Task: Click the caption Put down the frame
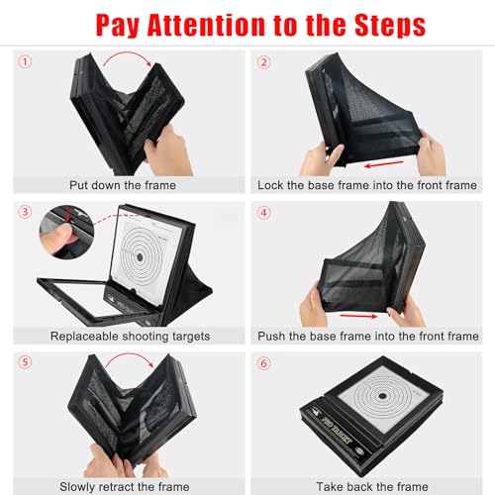(x=124, y=184)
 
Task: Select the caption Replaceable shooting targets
(x=124, y=337)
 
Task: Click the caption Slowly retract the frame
(x=124, y=485)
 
